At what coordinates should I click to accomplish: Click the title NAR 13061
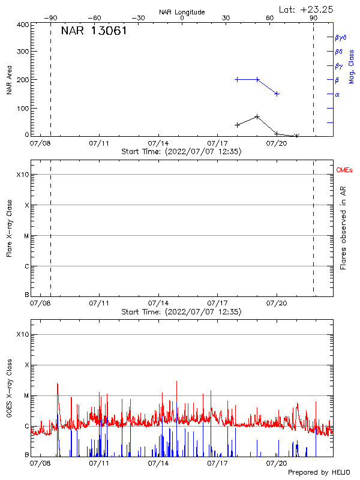(x=94, y=31)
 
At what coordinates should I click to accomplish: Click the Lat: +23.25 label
(x=307, y=9)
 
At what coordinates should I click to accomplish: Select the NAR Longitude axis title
(x=182, y=12)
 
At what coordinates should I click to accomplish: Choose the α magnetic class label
(x=337, y=94)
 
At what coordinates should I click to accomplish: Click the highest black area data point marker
(x=257, y=116)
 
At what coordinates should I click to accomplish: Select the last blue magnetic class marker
(x=277, y=94)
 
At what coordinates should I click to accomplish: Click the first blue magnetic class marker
(x=238, y=79)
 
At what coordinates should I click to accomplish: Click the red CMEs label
(x=344, y=171)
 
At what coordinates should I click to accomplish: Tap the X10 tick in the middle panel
(x=23, y=175)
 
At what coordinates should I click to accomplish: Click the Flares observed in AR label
(x=343, y=227)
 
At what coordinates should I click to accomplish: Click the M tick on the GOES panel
(x=26, y=395)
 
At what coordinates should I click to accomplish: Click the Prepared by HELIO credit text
(x=319, y=473)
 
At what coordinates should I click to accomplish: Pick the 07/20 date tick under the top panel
(x=276, y=143)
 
